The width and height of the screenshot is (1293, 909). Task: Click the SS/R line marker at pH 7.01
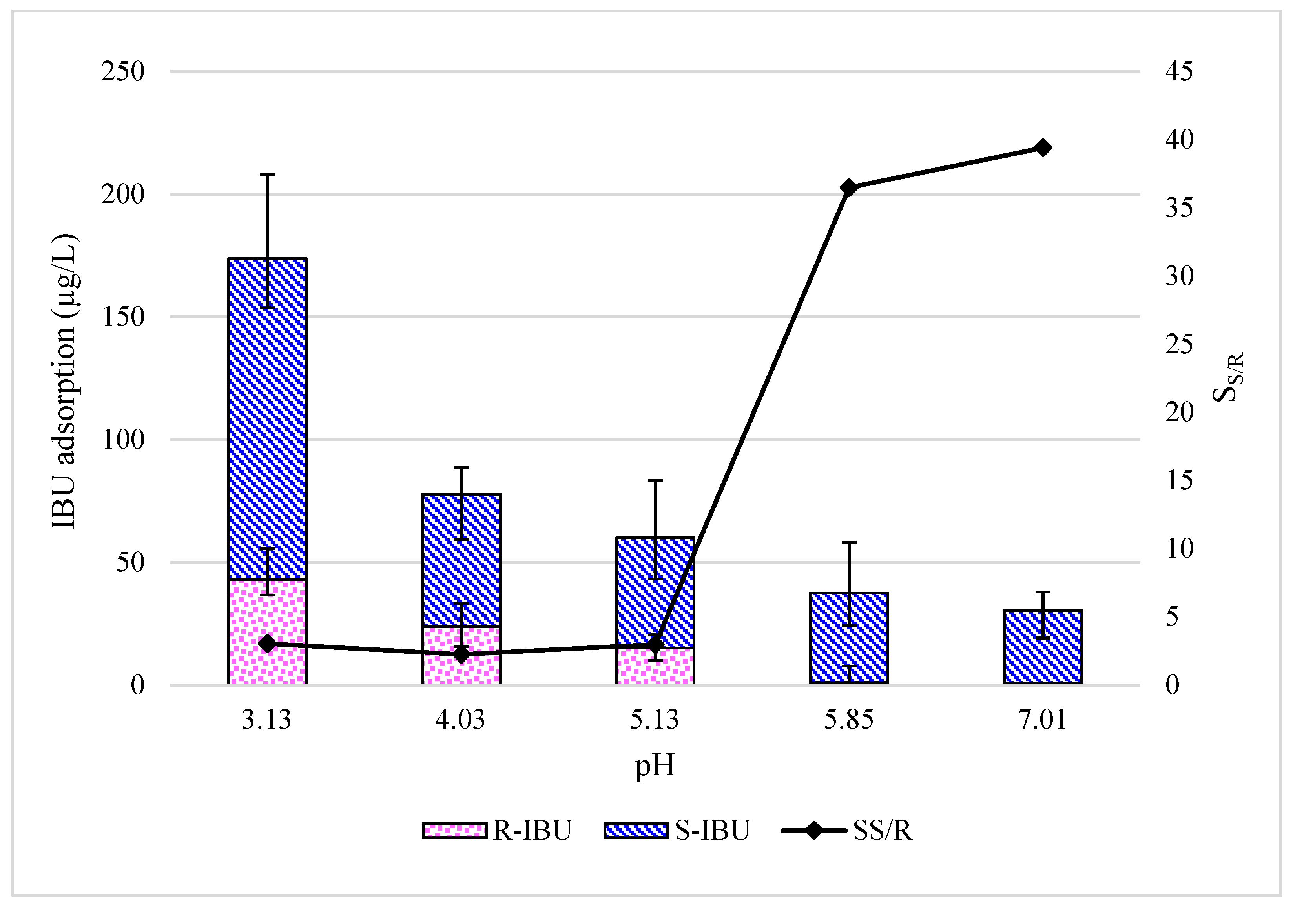tap(1043, 148)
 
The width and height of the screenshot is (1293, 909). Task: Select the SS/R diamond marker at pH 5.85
tap(849, 187)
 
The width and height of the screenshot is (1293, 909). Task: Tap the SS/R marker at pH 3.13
tap(268, 644)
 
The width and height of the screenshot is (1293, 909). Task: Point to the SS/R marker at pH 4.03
tap(461, 654)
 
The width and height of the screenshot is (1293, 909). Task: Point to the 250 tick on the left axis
tap(123, 71)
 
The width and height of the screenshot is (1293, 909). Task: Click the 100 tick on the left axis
tap(123, 440)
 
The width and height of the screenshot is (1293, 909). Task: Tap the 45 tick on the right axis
tap(1179, 71)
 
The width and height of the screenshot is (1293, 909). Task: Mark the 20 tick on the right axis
tap(1179, 413)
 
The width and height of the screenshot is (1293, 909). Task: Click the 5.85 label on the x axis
tap(849, 720)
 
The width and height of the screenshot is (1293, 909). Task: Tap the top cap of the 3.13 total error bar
tap(268, 175)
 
